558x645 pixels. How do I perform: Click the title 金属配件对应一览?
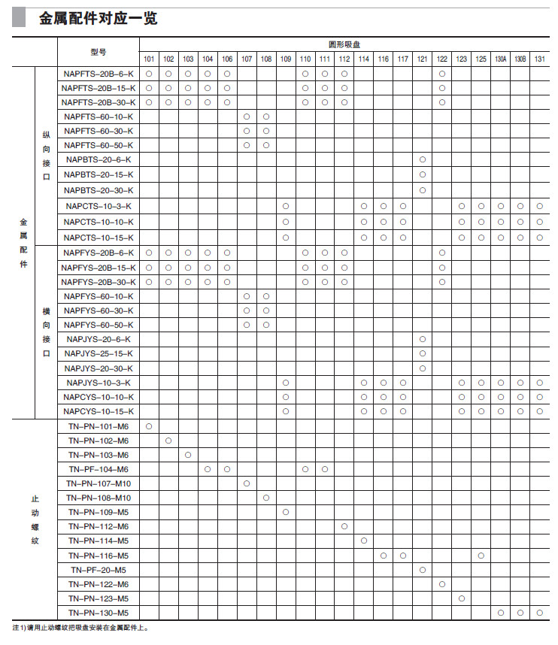pyautogui.click(x=98, y=18)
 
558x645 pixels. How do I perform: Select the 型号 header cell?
pyautogui.click(x=99, y=52)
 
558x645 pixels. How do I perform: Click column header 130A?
pyautogui.click(x=500, y=59)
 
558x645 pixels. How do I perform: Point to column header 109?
pyautogui.click(x=286, y=59)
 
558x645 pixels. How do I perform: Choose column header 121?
pyautogui.click(x=423, y=59)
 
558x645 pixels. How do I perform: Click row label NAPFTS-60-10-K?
pyautogui.click(x=99, y=117)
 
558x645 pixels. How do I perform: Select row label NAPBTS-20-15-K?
pyautogui.click(x=99, y=174)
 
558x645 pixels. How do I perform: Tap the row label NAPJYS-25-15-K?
pyautogui.click(x=99, y=353)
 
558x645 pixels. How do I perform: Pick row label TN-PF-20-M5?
pyautogui.click(x=99, y=570)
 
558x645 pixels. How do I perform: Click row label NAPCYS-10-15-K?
pyautogui.click(x=99, y=411)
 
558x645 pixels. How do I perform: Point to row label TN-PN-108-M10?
pyautogui.click(x=99, y=498)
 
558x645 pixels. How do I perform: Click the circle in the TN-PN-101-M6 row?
pyautogui.click(x=149, y=426)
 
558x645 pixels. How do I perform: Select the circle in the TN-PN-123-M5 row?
pyautogui.click(x=462, y=598)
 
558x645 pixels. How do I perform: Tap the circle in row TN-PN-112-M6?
pyautogui.click(x=344, y=526)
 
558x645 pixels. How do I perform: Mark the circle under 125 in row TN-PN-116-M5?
pyautogui.click(x=481, y=556)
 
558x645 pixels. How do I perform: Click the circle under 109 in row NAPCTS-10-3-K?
pyautogui.click(x=286, y=206)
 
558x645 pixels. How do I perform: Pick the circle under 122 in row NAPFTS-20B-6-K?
pyautogui.click(x=442, y=74)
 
